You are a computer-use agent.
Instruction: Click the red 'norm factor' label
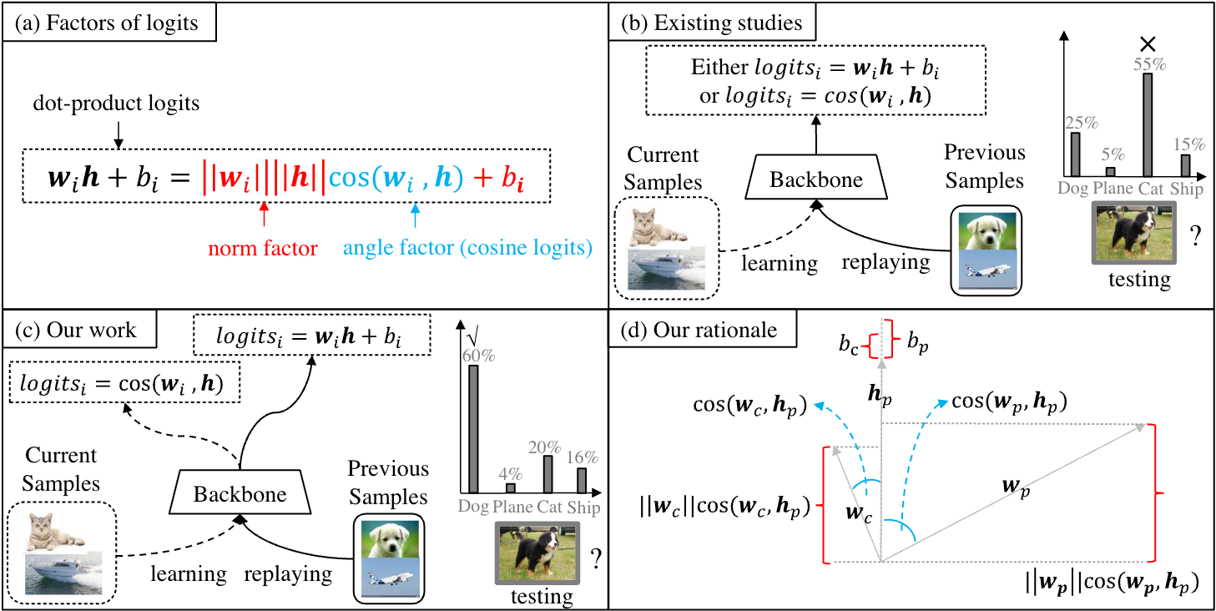[263, 248]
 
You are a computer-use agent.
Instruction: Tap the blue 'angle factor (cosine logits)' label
[467, 248]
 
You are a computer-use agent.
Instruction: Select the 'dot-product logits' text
[116, 104]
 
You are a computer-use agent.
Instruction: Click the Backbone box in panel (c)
[240, 492]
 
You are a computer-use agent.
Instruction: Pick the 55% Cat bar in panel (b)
[1147, 125]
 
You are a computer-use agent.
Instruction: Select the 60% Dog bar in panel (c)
[473, 429]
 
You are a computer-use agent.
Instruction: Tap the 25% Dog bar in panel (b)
[1075, 154]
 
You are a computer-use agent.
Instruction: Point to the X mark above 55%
[1148, 43]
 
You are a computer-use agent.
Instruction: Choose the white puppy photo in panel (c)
[390, 538]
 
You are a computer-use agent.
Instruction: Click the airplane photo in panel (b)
[987, 270]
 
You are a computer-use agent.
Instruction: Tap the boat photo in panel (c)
[63, 573]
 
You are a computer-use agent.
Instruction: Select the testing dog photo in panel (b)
[1134, 232]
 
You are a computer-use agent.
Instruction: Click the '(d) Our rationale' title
[699, 330]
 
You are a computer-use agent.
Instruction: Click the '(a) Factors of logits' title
[106, 23]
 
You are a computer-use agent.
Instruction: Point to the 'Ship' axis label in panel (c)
[583, 507]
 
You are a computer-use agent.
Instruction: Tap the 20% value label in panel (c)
[544, 447]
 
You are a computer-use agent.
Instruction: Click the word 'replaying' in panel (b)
[886, 263]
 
